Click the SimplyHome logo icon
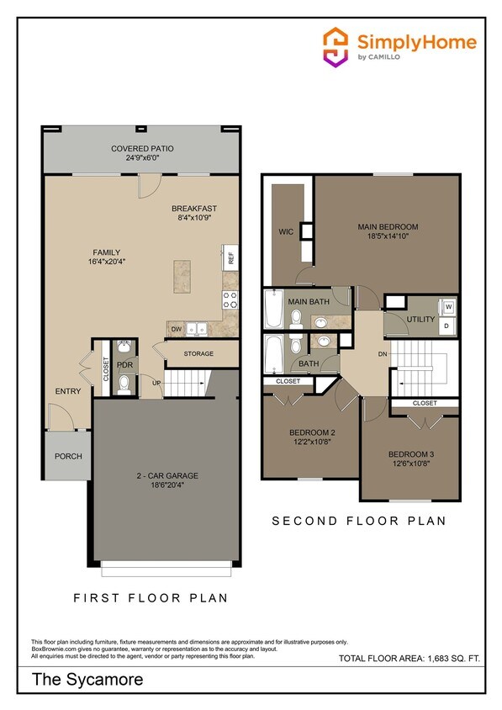point(336,45)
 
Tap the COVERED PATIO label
point(142,149)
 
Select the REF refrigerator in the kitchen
point(228,257)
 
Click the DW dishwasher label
point(177,330)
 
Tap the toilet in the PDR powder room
point(124,383)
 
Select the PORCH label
point(68,458)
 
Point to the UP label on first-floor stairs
point(156,383)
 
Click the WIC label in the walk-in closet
point(285,231)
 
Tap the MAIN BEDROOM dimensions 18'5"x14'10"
point(388,237)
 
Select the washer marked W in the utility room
point(447,306)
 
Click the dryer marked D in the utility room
point(447,325)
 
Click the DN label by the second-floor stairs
point(382,354)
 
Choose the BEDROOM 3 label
point(410,454)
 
